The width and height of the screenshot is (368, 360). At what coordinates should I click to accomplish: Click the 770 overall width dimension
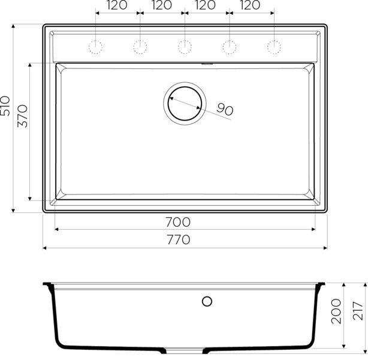coord(177,240)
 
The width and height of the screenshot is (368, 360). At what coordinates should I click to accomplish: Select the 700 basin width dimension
coord(177,222)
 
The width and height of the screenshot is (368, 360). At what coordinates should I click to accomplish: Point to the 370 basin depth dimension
coord(23,115)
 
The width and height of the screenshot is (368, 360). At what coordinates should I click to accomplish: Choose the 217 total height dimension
coord(358,311)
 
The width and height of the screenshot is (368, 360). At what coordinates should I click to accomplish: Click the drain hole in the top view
coord(185,103)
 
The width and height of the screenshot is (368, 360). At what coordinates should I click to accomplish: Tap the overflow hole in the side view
coord(207,301)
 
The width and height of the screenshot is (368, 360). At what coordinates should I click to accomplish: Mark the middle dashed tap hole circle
coord(185,46)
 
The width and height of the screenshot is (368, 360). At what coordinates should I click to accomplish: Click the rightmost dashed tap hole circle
coord(274,46)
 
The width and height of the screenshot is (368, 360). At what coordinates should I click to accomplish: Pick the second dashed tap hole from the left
coord(140,46)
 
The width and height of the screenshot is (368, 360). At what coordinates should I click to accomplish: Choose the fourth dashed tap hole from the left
coord(230,46)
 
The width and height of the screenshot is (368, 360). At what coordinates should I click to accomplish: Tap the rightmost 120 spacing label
coord(251,5)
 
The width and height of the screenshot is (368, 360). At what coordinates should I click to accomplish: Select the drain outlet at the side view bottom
coord(176,349)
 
